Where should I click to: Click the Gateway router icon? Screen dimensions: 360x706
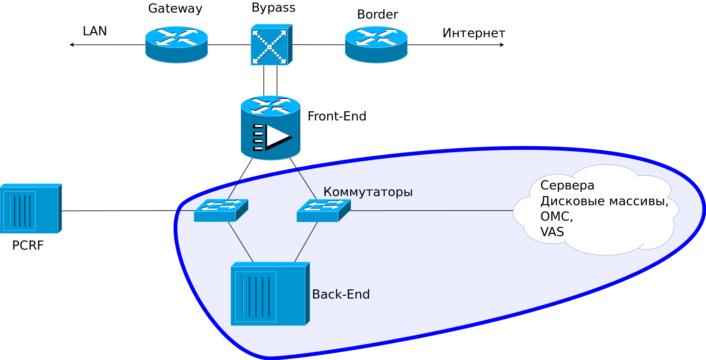pos(176,44)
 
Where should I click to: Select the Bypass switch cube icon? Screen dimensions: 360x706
pos(271,45)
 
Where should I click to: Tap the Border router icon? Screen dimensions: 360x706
pos(376,44)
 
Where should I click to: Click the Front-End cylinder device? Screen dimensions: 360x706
pos(270,128)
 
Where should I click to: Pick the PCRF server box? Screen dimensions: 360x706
pos(31,209)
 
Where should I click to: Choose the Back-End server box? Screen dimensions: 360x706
pos(270,294)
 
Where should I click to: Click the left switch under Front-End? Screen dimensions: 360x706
pos(221,210)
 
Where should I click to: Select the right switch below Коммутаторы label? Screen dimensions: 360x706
pos(323,210)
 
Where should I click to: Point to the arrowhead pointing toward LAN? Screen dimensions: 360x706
pos(71,45)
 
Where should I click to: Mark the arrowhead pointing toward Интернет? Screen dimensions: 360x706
pos(502,45)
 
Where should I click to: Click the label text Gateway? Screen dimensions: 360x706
pos(175,9)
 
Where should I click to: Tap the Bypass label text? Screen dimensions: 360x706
pos(273,8)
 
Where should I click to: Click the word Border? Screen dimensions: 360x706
pos(377,15)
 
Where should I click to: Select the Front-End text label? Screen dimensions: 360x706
pos(336,116)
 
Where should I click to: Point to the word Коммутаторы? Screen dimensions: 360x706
pos(368,192)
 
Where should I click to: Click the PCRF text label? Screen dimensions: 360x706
pos(28,245)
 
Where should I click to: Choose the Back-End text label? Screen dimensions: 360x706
pos(341,294)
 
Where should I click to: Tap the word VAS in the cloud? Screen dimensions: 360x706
pos(552,232)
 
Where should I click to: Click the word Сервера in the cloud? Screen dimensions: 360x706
pos(567,185)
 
